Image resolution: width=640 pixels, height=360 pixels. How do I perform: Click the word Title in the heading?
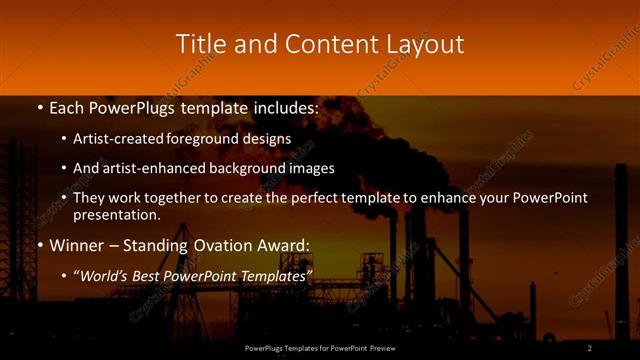click(x=199, y=44)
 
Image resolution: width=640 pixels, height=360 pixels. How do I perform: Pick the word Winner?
click(x=77, y=245)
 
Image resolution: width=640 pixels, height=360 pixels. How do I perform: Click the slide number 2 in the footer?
click(x=590, y=348)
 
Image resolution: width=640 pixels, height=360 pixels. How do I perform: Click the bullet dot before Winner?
click(x=38, y=245)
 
